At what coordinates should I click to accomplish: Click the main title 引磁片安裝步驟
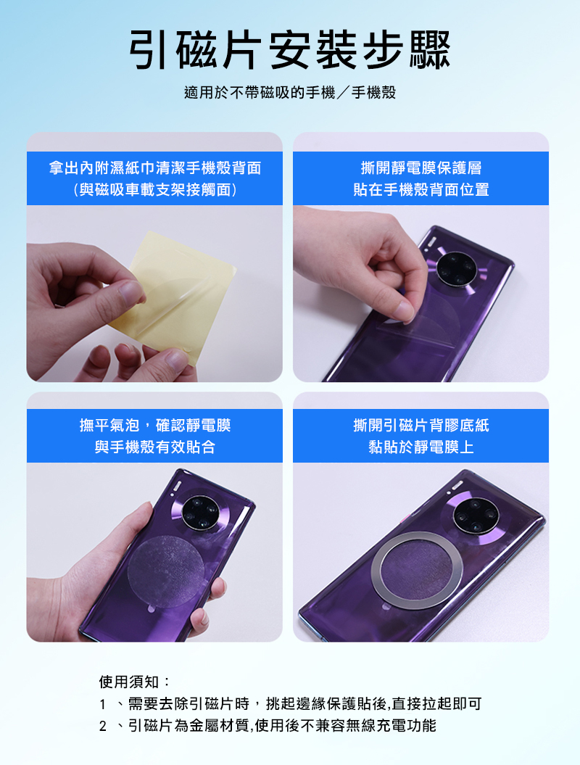(x=290, y=50)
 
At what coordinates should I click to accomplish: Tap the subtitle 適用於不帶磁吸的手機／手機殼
(x=290, y=92)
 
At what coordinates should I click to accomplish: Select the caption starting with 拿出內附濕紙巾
(x=154, y=168)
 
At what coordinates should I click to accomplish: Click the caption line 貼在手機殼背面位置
(x=421, y=189)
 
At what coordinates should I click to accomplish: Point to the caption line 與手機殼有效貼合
(x=154, y=447)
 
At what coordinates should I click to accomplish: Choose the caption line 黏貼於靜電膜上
(x=421, y=447)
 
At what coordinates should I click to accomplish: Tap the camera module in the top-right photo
(x=455, y=269)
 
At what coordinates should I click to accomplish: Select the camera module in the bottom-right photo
(x=476, y=516)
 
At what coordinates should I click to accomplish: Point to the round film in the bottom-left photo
(x=166, y=571)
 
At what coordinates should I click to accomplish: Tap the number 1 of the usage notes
(x=102, y=705)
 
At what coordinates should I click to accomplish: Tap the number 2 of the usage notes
(x=102, y=727)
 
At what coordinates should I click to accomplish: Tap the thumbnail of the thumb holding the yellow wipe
(x=132, y=291)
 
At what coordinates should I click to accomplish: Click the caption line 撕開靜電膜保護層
(x=421, y=168)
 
